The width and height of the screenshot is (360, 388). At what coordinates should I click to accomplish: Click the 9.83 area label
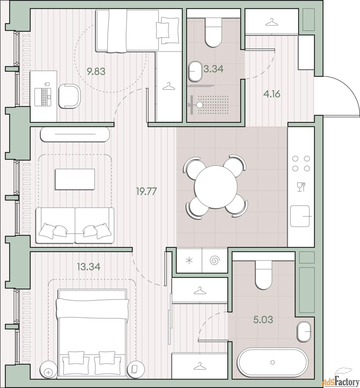(96, 72)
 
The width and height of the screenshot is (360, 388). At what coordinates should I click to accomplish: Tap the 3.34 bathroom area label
(213, 69)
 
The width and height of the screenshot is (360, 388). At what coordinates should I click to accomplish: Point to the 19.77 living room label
(147, 191)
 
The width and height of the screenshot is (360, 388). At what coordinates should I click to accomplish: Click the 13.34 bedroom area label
(89, 267)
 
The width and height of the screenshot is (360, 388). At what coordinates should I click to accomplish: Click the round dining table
(215, 187)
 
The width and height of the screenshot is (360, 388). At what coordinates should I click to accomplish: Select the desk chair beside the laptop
(70, 96)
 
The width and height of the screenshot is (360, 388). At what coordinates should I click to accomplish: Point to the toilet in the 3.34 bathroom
(213, 32)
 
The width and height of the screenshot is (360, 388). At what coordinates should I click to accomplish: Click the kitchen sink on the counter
(300, 216)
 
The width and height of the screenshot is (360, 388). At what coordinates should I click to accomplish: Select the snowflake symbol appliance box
(189, 260)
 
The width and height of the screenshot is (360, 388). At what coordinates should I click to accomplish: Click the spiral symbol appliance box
(215, 260)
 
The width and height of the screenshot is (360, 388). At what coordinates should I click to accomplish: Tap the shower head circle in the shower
(200, 105)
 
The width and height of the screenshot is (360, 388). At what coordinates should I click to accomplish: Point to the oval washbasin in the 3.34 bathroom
(195, 71)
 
